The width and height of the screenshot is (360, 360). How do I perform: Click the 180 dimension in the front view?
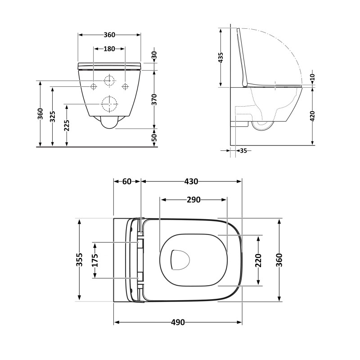tap(109, 49)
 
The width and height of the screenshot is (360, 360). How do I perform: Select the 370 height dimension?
tap(154, 99)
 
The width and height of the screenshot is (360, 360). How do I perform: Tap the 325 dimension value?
tap(53, 117)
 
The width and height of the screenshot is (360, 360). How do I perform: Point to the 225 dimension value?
tap(67, 126)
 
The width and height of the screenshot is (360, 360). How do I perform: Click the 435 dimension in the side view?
tap(220, 58)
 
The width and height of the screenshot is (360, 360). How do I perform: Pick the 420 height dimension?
tap(312, 116)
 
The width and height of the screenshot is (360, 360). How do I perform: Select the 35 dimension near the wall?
tap(243, 151)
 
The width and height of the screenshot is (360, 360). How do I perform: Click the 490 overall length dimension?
tap(178, 322)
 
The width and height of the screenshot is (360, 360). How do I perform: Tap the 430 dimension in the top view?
tap(191, 182)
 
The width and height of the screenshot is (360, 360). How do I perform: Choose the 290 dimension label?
tap(193, 200)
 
